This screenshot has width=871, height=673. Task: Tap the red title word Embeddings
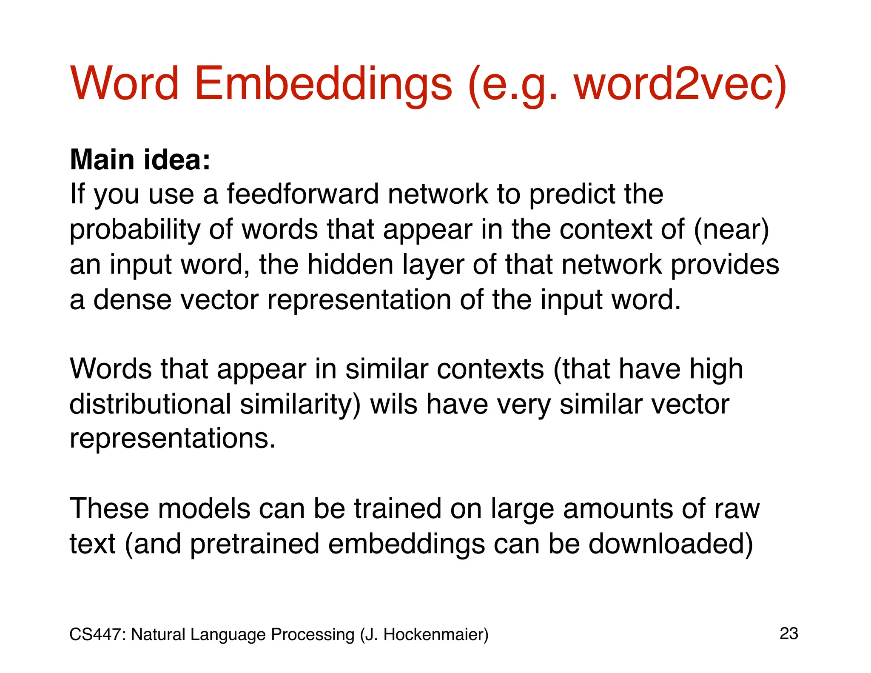(323, 84)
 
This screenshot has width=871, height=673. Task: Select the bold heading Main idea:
(140, 160)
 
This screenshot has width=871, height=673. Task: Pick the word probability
(135, 230)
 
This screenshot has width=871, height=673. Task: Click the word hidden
(350, 265)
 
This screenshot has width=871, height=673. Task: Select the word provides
(725, 265)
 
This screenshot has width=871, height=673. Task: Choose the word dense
(133, 299)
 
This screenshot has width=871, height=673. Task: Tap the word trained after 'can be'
(398, 508)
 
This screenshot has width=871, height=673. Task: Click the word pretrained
(254, 544)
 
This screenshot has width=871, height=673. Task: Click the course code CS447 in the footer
(97, 634)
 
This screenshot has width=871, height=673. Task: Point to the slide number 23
(789, 633)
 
